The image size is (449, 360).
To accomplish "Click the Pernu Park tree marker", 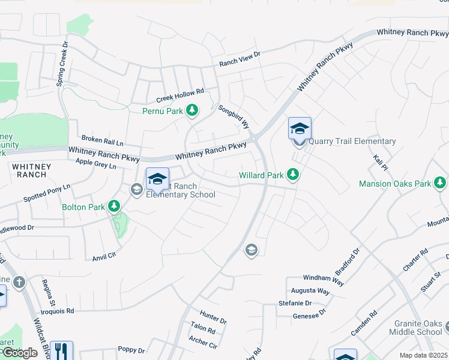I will [x=192, y=110].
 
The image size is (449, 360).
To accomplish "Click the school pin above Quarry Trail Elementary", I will [x=300, y=128].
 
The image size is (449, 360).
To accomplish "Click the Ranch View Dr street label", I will [x=240, y=58].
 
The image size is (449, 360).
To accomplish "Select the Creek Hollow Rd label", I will [x=180, y=95].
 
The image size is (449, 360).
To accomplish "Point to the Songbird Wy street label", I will [x=234, y=117].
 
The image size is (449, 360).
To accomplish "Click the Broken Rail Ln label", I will [x=102, y=140].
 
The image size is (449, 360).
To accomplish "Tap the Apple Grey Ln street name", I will [x=96, y=163].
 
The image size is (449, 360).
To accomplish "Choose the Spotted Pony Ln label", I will [x=47, y=193].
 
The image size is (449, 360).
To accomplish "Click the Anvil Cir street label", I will [x=104, y=257].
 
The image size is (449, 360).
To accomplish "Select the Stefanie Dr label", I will [x=295, y=304].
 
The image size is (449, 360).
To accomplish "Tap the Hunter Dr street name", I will [x=214, y=317].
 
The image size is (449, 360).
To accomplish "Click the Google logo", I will [x=20, y=353].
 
